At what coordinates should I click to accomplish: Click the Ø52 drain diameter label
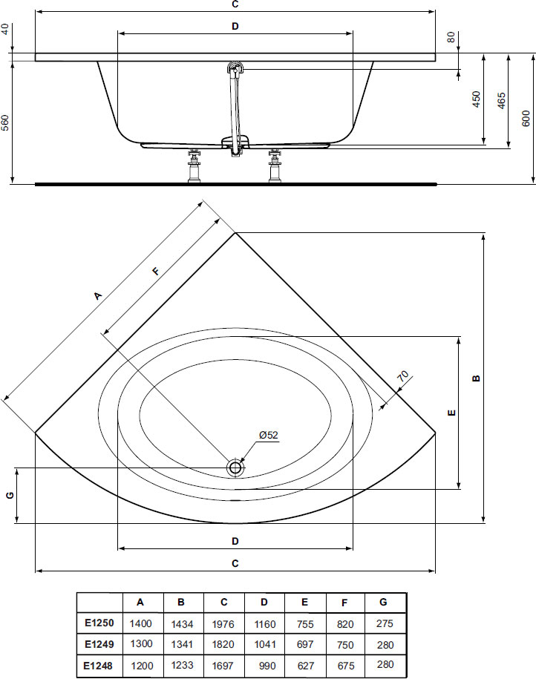pos(269,435)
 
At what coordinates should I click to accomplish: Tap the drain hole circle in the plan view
pos(235,468)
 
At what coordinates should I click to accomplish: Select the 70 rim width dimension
pos(403,376)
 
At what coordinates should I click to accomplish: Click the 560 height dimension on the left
pos(5,122)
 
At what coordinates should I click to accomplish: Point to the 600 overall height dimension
pos(526,118)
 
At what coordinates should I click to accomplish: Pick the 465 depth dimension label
pos(501,100)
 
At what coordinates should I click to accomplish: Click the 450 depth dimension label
pos(476,99)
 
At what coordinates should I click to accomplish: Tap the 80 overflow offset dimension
pos(451,37)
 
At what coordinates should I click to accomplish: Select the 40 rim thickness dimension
pos(5,30)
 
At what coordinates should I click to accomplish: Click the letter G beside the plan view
pos(10,495)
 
